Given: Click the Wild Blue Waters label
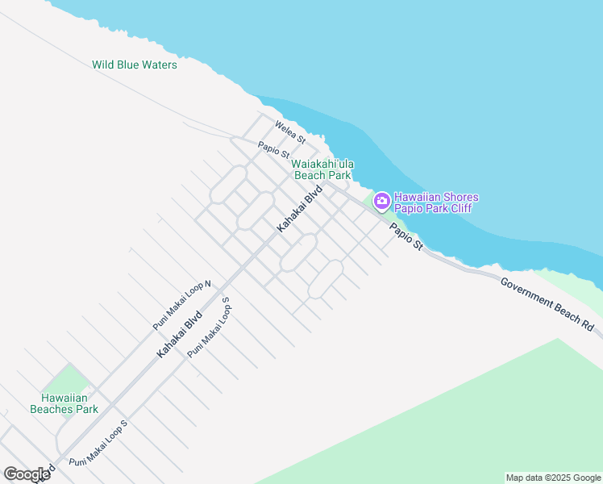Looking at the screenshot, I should tap(135, 65).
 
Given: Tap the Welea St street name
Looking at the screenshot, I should tap(290, 133).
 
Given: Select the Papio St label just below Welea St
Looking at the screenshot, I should tap(273, 150).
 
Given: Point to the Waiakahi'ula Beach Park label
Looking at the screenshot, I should tap(322, 169).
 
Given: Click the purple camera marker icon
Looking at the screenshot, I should tap(381, 199).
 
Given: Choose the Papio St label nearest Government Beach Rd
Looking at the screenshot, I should tap(405, 236).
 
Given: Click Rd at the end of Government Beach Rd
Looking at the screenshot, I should tap(588, 325).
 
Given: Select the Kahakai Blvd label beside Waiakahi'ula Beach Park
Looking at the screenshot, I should tap(299, 210).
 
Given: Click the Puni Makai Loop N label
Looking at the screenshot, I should tap(182, 305).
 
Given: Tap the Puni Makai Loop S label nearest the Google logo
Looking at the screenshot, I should tap(98, 443).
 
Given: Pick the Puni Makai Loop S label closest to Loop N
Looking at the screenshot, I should tap(209, 328).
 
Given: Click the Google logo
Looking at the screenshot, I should tap(27, 474).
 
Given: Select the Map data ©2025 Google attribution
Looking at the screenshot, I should tap(553, 478).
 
